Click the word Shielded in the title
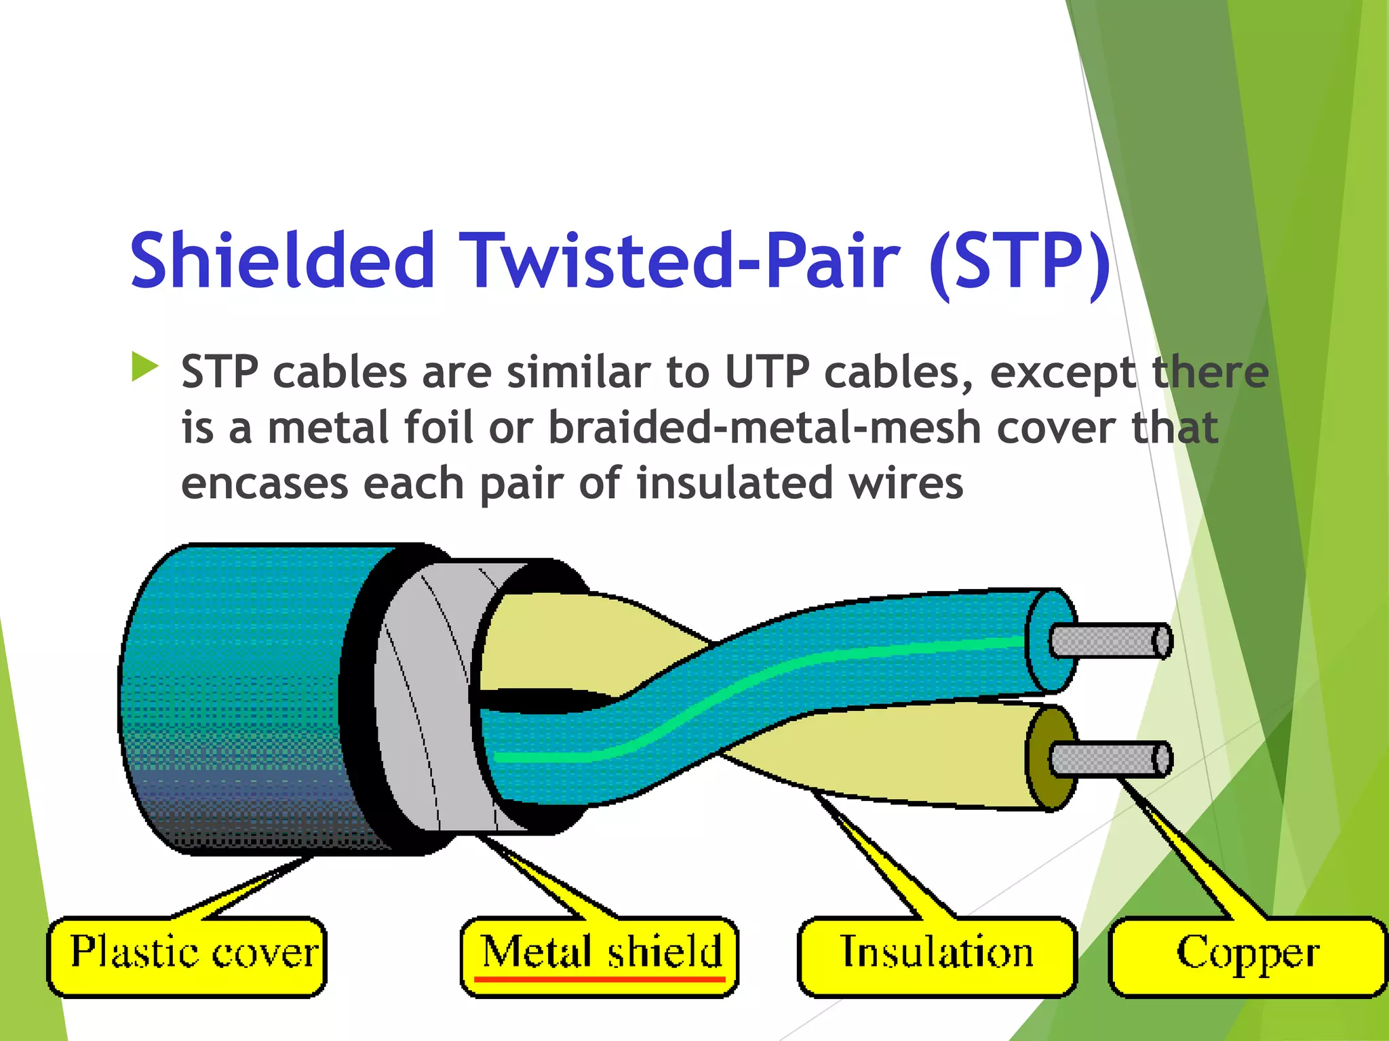pyautogui.click(x=281, y=261)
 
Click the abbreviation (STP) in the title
pyautogui.click(x=1019, y=261)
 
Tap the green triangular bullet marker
pyautogui.click(x=144, y=367)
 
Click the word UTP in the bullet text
pyautogui.click(x=766, y=373)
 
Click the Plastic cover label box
pyautogui.click(x=187, y=956)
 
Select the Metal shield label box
pyautogui.click(x=600, y=956)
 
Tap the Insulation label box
pyautogui.click(x=937, y=956)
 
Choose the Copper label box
pyautogui.click(x=1247, y=956)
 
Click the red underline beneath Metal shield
pyautogui.click(x=600, y=979)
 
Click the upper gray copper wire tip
pyautogui.click(x=1108, y=641)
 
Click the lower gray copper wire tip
pyautogui.click(x=1108, y=759)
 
